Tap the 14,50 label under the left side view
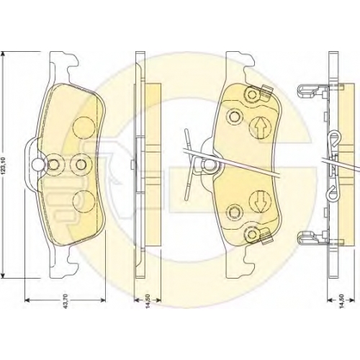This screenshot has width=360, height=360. click(x=148, y=300)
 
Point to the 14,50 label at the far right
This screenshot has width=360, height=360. click(x=342, y=300)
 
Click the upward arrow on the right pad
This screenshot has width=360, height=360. click(x=261, y=127)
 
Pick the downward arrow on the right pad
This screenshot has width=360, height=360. click(x=260, y=201)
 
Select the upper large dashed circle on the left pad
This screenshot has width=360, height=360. click(x=84, y=127)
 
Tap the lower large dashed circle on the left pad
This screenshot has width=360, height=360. click(x=84, y=201)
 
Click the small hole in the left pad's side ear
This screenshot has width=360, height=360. click(x=37, y=164)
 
